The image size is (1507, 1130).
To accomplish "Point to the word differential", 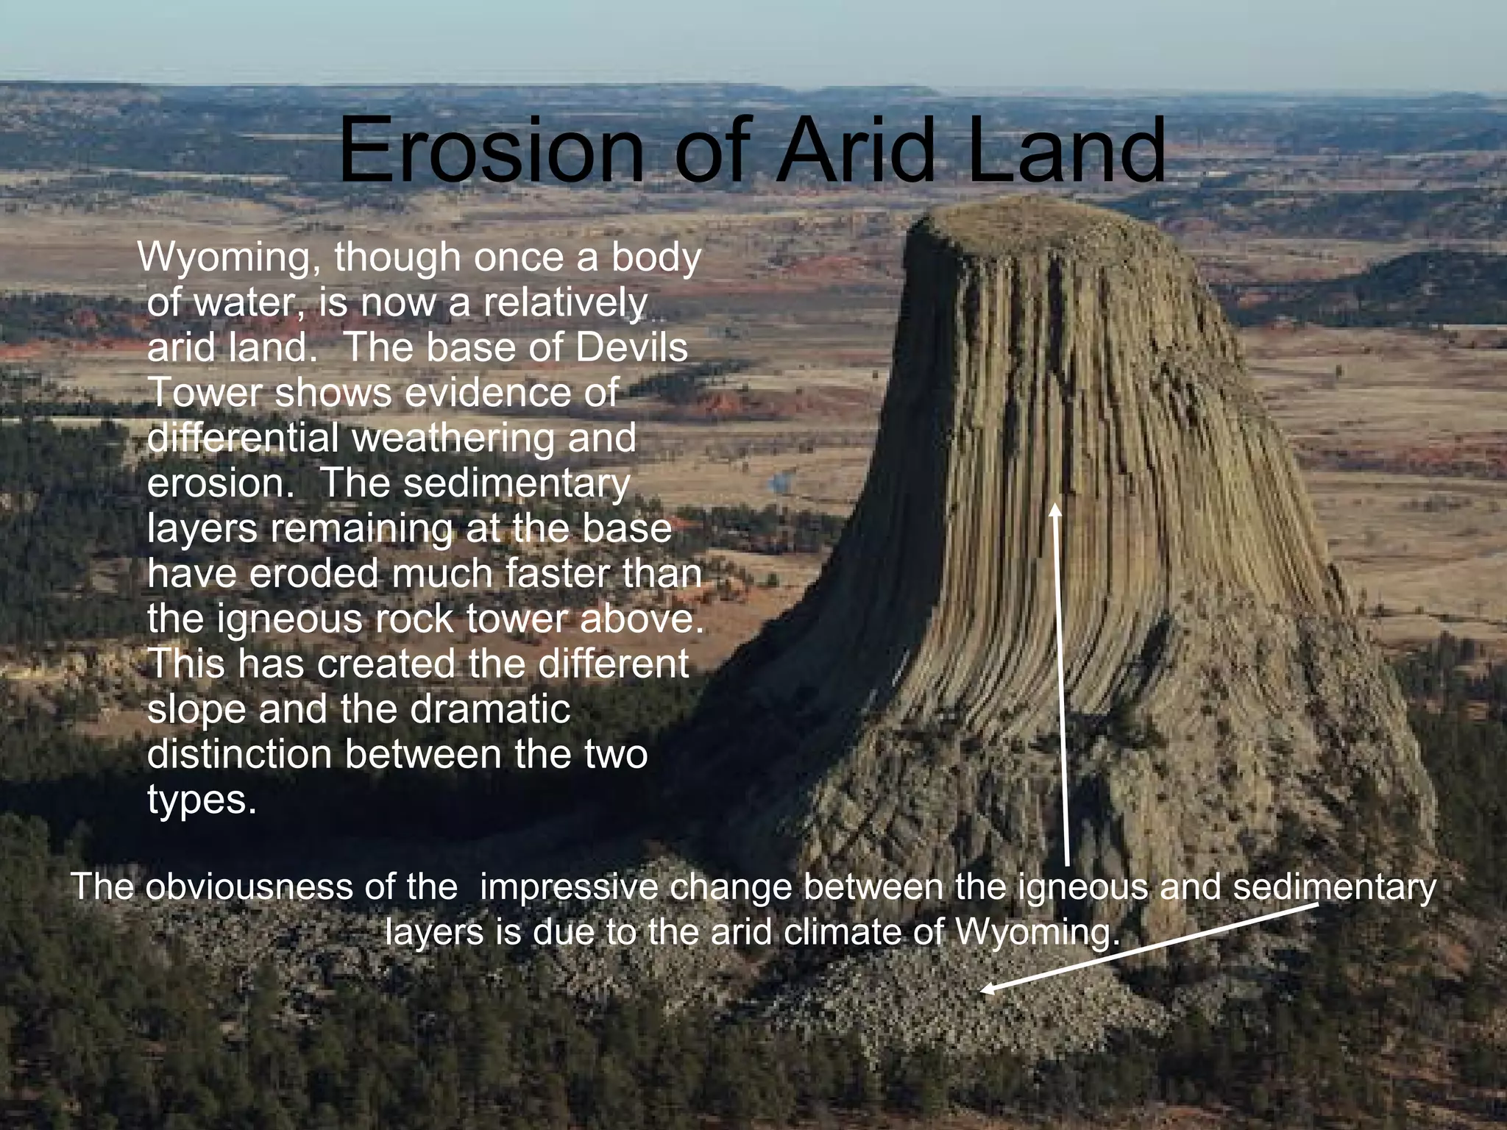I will (x=244, y=438).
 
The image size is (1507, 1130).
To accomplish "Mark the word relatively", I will (x=565, y=303).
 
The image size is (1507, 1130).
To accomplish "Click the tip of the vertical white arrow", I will (x=1056, y=505).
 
